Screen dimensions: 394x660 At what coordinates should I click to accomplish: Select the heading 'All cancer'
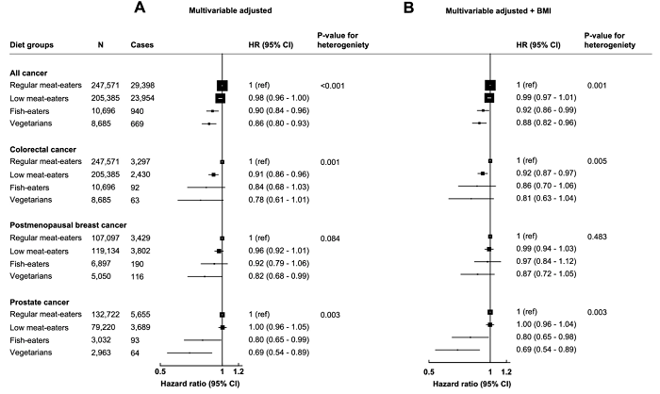pyautogui.click(x=30, y=73)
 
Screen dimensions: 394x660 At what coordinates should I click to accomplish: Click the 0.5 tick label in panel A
pyautogui.click(x=160, y=372)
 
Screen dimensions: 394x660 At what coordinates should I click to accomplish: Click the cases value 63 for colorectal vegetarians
pyautogui.click(x=137, y=200)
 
